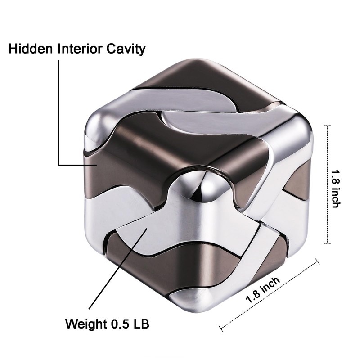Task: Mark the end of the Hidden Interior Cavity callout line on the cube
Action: click(97, 165)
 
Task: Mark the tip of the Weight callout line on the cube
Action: click(147, 229)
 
